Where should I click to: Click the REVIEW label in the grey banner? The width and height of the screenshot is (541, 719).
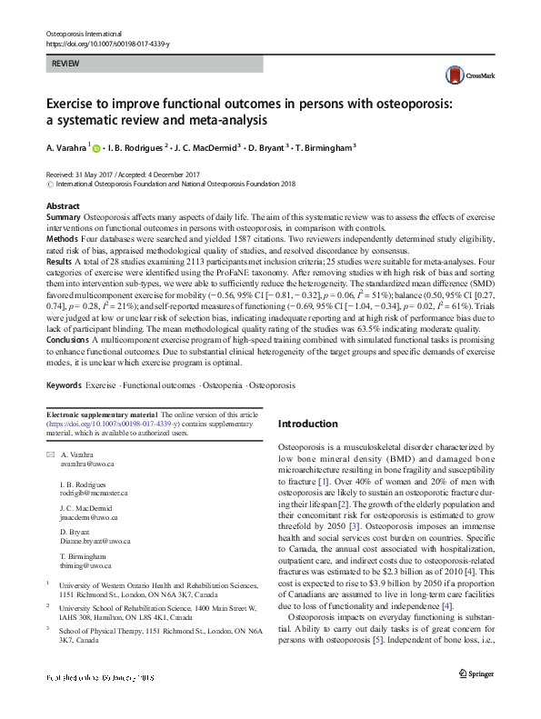click(66, 65)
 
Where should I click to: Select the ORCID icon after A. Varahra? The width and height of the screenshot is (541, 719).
click(96, 148)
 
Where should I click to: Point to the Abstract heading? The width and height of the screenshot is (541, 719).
click(63, 207)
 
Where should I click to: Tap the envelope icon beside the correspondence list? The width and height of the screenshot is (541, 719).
click(50, 454)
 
